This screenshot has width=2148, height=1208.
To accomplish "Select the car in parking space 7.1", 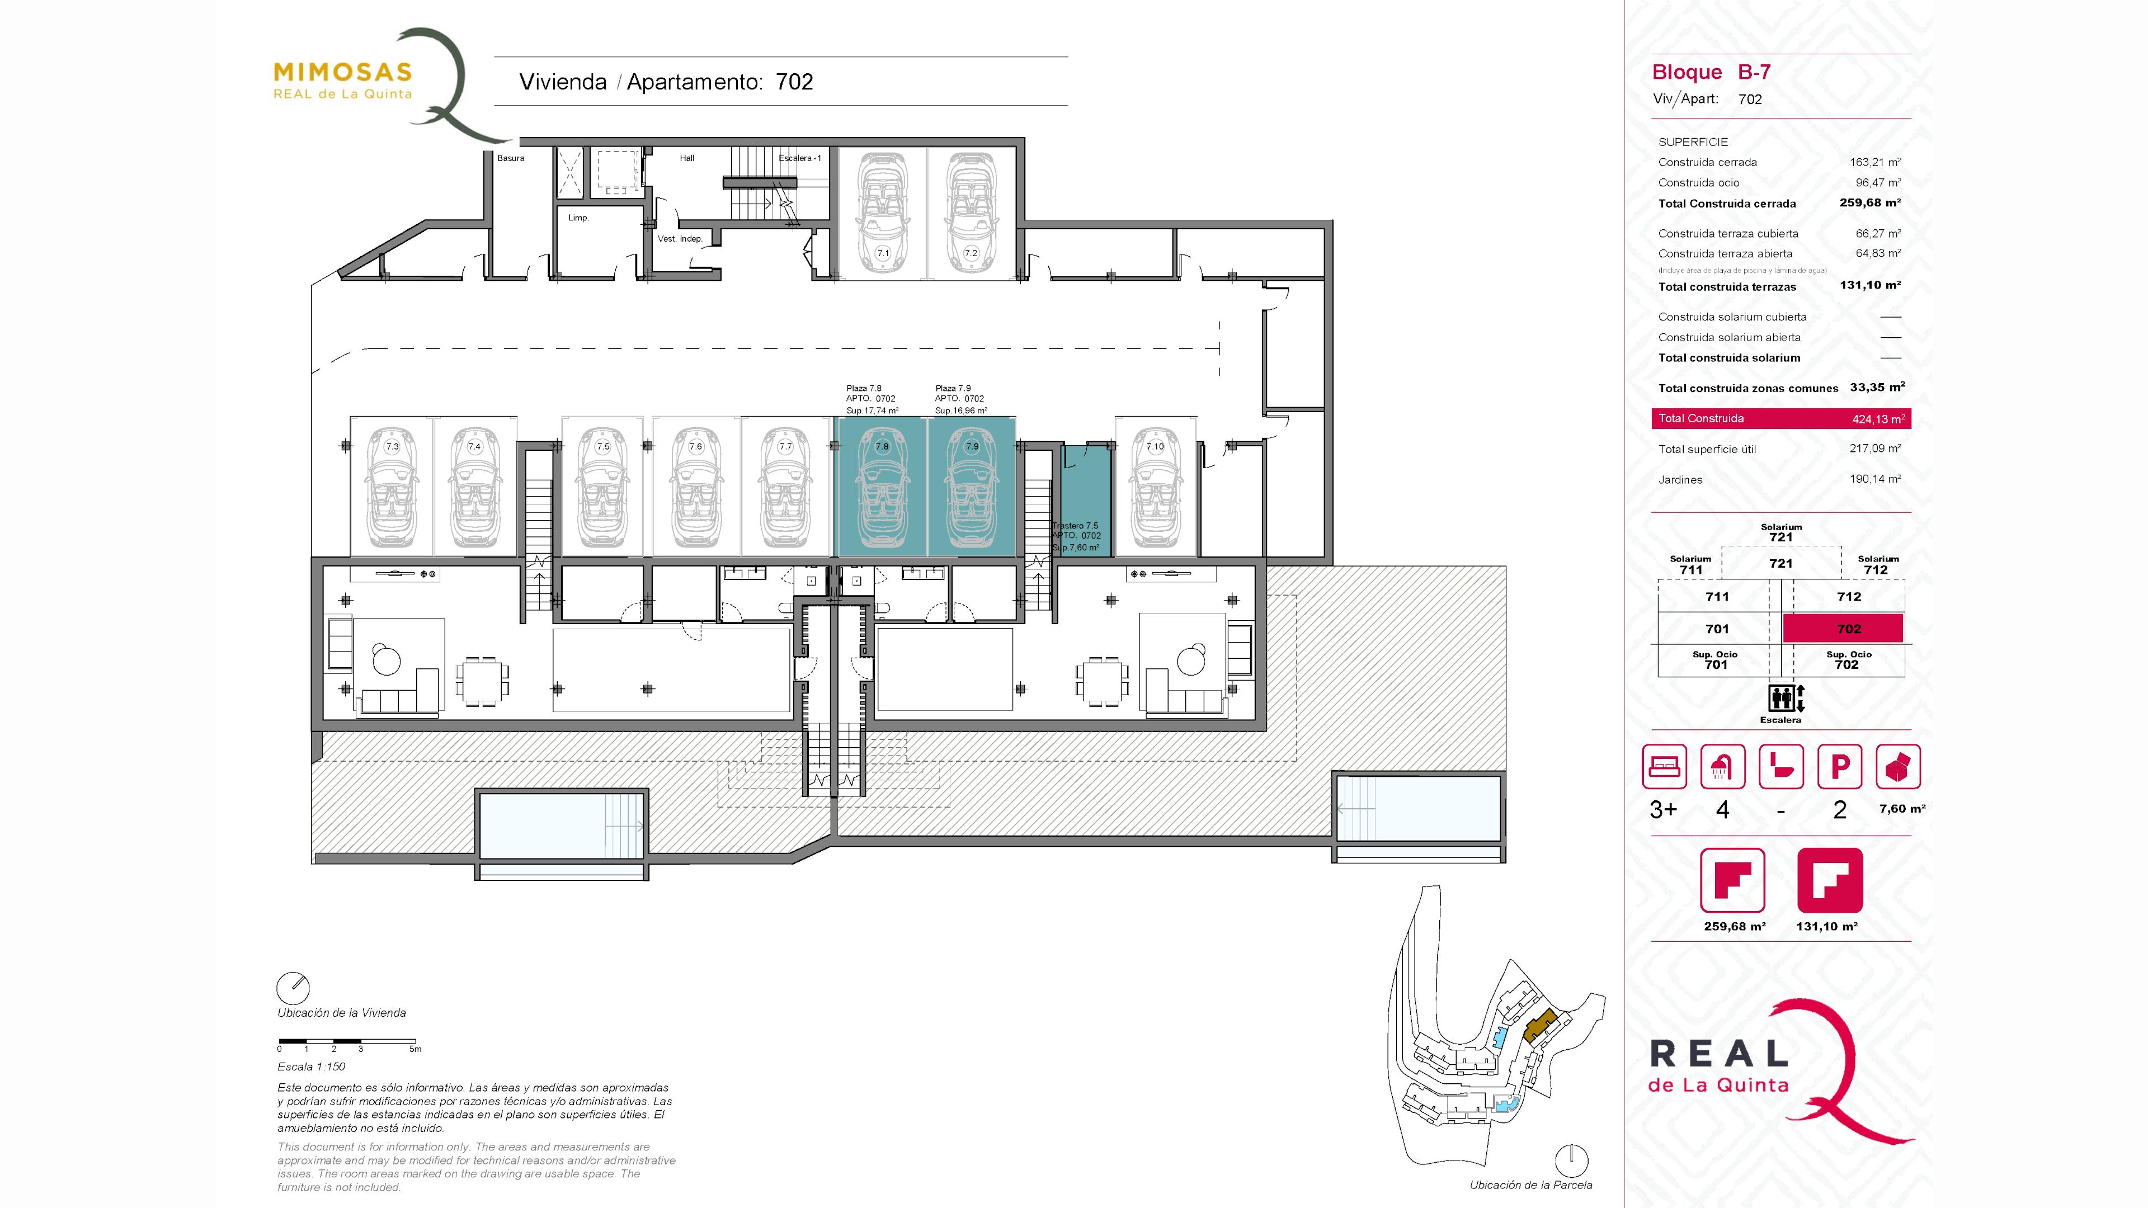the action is click(x=882, y=213).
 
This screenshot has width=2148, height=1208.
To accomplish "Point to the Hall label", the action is click(x=686, y=158).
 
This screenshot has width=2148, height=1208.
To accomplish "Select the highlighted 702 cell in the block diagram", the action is click(x=1843, y=629).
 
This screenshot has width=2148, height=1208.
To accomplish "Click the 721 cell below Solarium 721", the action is click(x=1780, y=564).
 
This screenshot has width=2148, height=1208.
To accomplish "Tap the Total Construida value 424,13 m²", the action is click(x=1878, y=418).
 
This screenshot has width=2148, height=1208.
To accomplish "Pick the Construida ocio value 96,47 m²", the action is click(x=1878, y=182).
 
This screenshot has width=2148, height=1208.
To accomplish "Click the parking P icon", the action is click(x=1839, y=766).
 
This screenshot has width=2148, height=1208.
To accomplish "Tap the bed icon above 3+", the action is click(x=1664, y=766).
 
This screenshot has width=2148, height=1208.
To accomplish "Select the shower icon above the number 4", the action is click(x=1722, y=766).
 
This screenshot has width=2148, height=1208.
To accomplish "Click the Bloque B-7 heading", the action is click(x=1711, y=73).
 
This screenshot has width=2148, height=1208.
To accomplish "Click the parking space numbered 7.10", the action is click(x=1155, y=486).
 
